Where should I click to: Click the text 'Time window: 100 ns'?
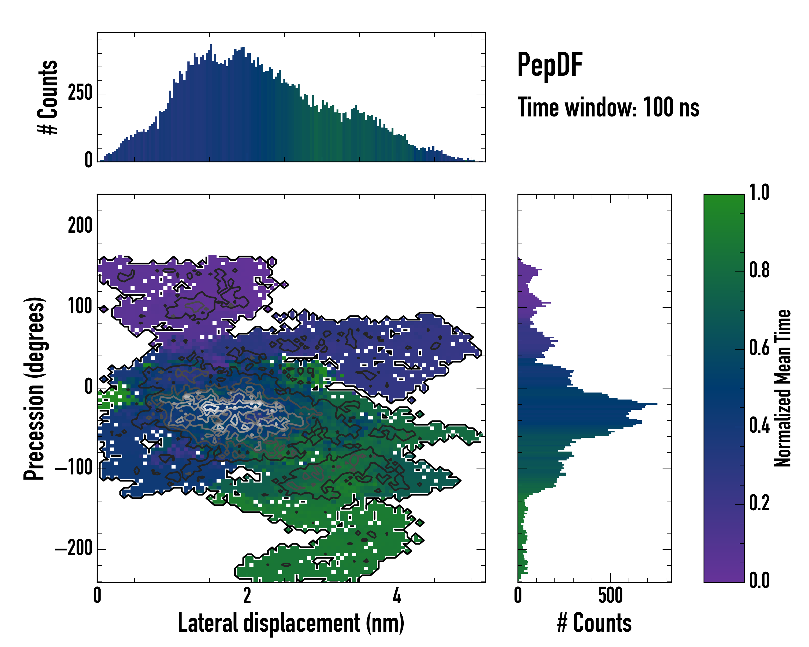pyautogui.click(x=608, y=108)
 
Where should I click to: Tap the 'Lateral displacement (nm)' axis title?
pyautogui.click(x=291, y=623)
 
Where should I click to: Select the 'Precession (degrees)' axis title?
pyautogui.click(x=34, y=388)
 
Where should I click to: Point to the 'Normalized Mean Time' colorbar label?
pyautogui.click(x=783, y=388)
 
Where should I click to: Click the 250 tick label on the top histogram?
pyautogui.click(x=80, y=93)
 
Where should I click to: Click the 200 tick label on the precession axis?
pyautogui.click(x=80, y=226)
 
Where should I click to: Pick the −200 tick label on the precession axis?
pyautogui.click(x=74, y=549)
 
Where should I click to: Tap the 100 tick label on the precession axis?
pyautogui.click(x=80, y=307)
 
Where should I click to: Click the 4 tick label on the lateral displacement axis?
pyautogui.click(x=397, y=596)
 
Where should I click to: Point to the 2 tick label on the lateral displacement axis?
pyautogui.click(x=247, y=596)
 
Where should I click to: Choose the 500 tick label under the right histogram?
pyautogui.click(x=611, y=596)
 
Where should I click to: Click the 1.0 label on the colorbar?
pyautogui.click(x=759, y=193)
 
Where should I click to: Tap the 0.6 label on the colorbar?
pyautogui.click(x=759, y=348)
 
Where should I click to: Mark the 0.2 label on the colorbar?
pyautogui.click(x=759, y=503)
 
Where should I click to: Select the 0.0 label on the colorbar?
pyautogui.click(x=759, y=581)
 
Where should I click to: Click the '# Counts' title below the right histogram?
pyautogui.click(x=594, y=623)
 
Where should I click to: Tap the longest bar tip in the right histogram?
pyautogui.click(x=656, y=404)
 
